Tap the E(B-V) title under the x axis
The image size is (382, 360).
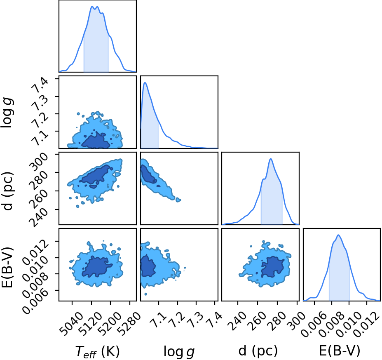pyautogui.click(x=340, y=351)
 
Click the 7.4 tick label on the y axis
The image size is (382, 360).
pyautogui.click(x=38, y=85)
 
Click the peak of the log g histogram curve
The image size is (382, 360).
pyautogui.click(x=145, y=82)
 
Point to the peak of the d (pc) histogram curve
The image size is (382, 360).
pyautogui.click(x=271, y=159)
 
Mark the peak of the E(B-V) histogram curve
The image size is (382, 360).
pyautogui.click(x=338, y=235)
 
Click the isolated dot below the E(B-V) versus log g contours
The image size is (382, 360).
pyautogui.click(x=146, y=294)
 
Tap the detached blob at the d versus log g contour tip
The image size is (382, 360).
pyautogui.click(x=178, y=200)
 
